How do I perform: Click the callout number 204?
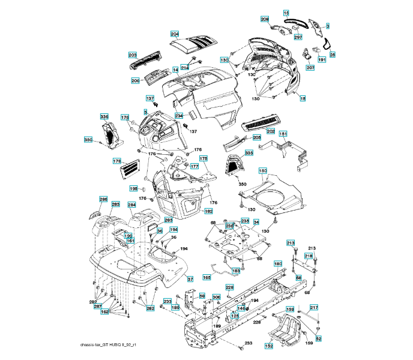[x=175, y=34]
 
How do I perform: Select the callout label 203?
[x=133, y=54]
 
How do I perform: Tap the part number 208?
[x=265, y=19]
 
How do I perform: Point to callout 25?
[x=332, y=55]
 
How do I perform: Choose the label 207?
[x=310, y=68]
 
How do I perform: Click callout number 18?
[x=303, y=98]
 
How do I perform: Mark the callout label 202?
[x=270, y=131]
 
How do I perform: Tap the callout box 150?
[x=263, y=171]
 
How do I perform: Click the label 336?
[x=104, y=116]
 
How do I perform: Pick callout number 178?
[x=117, y=161]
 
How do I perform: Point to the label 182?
[x=208, y=211]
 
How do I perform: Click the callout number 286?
[x=103, y=199]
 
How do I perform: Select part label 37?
[x=190, y=280]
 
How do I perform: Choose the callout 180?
[x=278, y=263]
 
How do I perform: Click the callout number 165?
[x=206, y=277]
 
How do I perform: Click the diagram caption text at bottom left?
[x=108, y=345]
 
